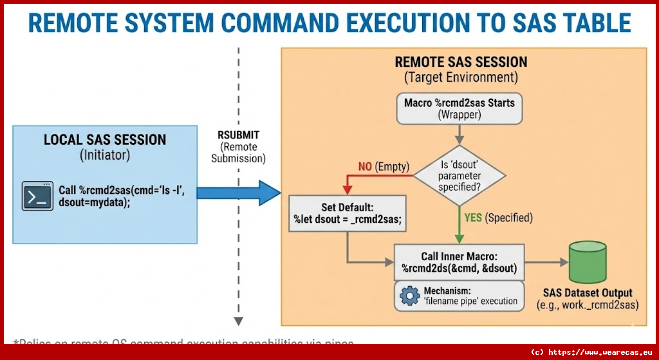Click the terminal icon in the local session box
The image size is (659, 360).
point(37,195)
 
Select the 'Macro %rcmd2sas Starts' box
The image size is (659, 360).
point(459,108)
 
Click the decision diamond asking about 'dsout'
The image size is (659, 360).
point(459,175)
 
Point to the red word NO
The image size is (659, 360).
point(365,167)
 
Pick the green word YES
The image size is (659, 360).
point(473,218)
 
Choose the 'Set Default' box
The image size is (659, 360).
point(347,213)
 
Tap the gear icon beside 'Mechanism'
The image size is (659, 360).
point(410,296)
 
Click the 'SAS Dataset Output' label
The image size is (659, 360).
point(588,292)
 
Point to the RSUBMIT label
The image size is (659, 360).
point(238,135)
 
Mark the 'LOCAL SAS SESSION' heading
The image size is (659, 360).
point(104,140)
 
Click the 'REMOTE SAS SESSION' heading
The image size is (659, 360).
point(461,62)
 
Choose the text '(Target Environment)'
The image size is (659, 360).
point(461,77)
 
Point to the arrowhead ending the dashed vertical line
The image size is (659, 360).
point(238,320)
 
